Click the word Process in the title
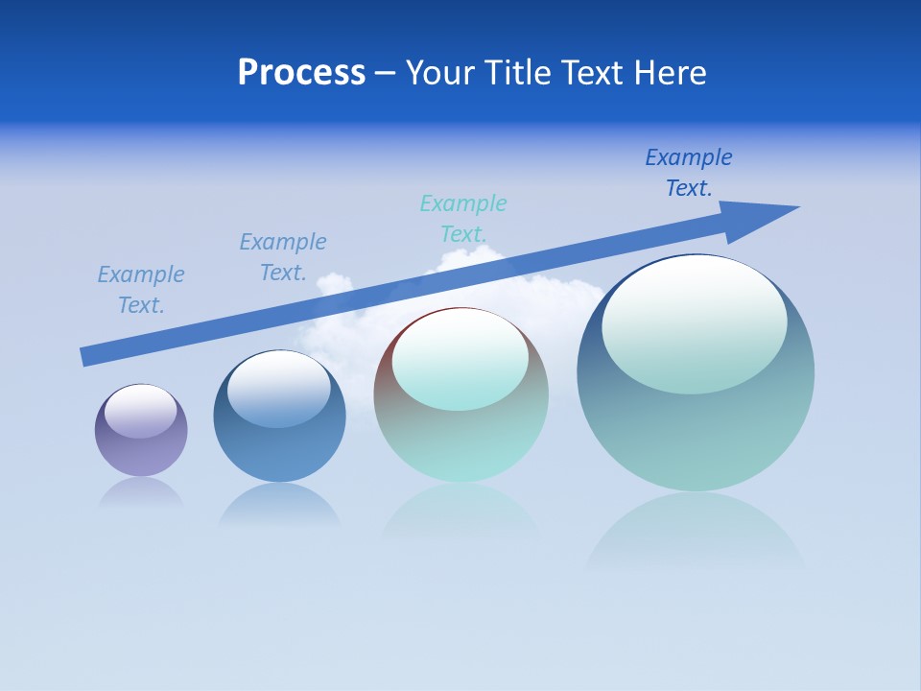click(301, 73)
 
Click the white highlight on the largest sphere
click(695, 324)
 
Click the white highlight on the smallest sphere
click(141, 411)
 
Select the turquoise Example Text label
click(463, 219)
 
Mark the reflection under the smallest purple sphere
click(141, 493)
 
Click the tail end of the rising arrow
click(88, 356)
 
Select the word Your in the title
click(441, 73)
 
